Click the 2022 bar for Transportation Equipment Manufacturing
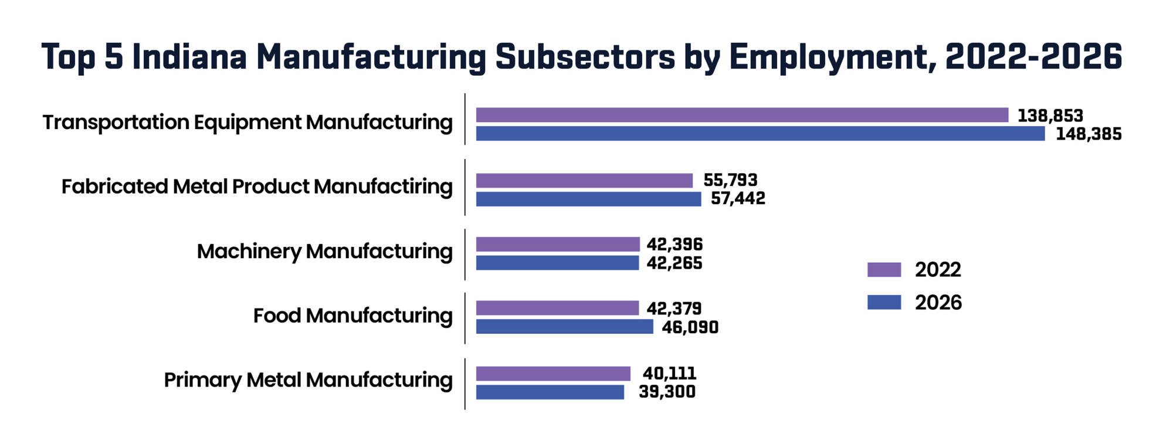[742, 115]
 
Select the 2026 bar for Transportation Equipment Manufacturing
[760, 134]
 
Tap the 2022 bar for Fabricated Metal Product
[584, 180]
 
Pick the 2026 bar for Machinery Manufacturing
[557, 263]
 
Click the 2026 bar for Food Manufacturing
[564, 327]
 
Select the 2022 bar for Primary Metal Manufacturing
[553, 374]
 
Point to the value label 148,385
[1089, 134]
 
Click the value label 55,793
[730, 180]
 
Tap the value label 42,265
[674, 263]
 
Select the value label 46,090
[690, 327]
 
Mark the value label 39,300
[667, 392]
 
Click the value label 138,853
[1050, 116]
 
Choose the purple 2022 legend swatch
[884, 270]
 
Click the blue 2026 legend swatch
[884, 302]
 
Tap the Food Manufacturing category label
[352, 316]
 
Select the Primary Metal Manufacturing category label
[308, 380]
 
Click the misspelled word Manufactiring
[383, 187]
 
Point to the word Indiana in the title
[189, 57]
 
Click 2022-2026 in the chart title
[1033, 57]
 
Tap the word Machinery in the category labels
[249, 252]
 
